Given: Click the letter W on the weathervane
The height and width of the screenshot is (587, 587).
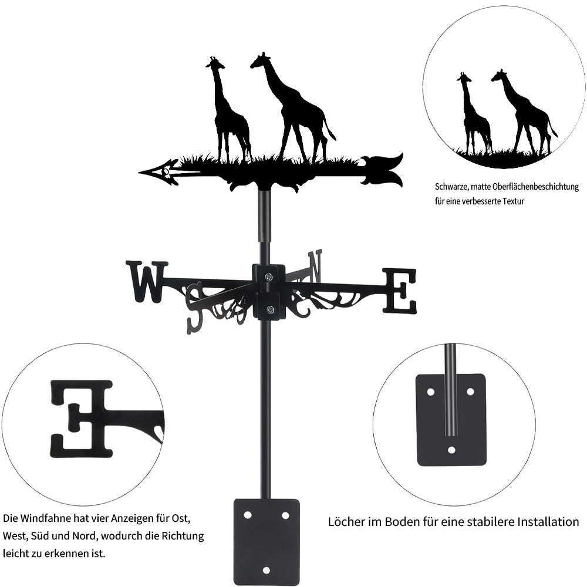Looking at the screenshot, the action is (147, 282).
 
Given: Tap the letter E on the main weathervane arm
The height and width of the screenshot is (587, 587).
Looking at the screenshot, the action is (399, 291).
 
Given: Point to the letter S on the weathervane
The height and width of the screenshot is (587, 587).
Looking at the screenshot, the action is (195, 308).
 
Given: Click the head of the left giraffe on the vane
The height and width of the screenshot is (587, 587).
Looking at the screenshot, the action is (215, 63).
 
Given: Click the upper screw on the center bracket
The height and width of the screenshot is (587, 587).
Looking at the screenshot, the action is (269, 277).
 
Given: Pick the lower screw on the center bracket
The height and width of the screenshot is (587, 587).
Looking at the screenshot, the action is (269, 309).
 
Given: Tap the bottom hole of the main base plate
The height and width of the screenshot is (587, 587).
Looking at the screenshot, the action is (266, 570).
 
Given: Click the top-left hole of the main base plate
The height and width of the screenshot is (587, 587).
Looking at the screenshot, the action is (248, 515).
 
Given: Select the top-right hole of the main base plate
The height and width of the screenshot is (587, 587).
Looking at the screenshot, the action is (285, 515).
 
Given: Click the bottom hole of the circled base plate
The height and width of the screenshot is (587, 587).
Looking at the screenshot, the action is (452, 450).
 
